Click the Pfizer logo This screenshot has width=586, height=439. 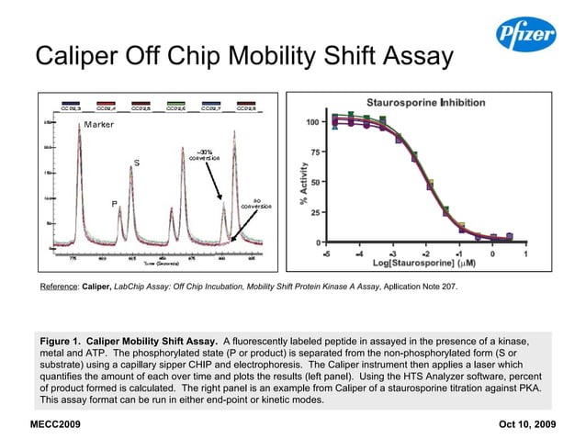pos(525,37)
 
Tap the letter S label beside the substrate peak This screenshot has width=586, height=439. pos(137,163)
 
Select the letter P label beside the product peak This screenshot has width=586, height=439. pos(115,203)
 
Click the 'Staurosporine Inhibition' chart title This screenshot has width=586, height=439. pos(424,102)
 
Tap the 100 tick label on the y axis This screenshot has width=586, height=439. pos(312,122)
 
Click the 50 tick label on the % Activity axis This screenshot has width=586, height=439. pos(315,182)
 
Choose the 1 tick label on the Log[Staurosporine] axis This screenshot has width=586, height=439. pos(524,253)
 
